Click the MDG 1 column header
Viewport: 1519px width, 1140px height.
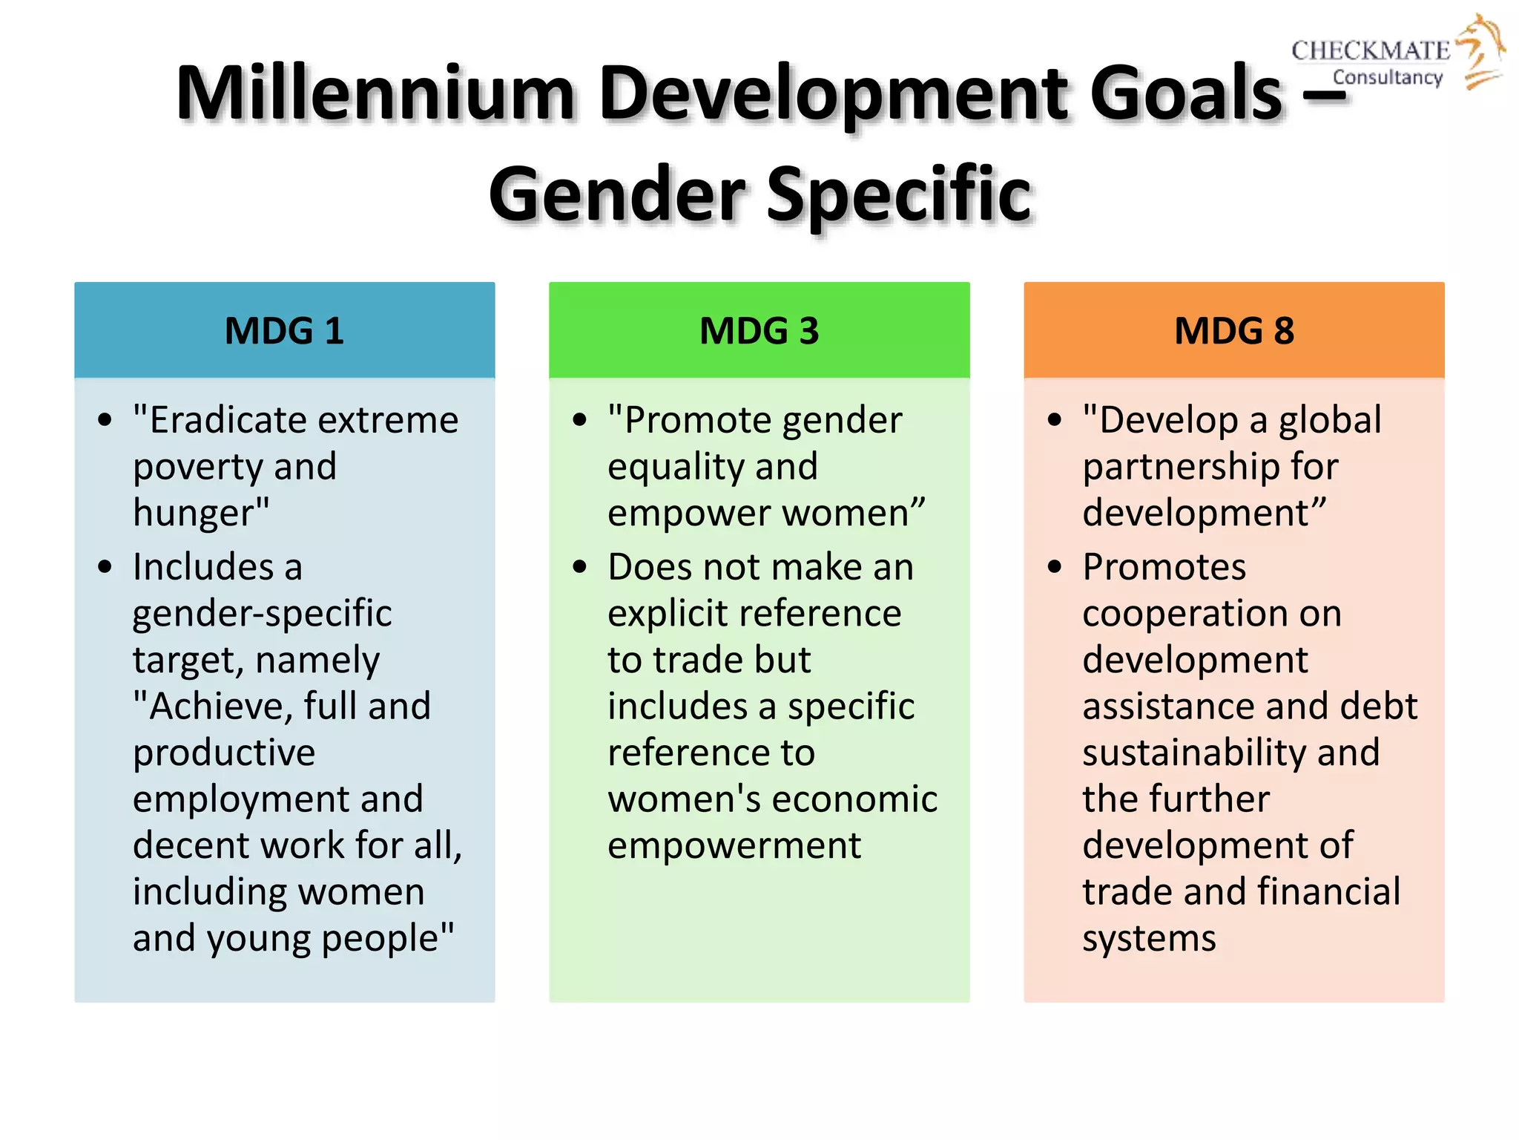284,331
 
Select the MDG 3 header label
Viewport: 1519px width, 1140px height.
759,331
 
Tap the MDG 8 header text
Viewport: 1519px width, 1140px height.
1234,331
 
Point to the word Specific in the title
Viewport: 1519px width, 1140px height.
898,194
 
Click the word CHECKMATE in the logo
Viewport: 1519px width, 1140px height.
1370,50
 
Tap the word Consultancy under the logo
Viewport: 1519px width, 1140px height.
1388,77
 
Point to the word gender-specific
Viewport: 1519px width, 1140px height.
262,614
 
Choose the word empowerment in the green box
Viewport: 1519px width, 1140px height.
734,845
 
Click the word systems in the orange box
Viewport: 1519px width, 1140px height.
1149,938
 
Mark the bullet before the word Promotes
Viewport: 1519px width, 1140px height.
1055,568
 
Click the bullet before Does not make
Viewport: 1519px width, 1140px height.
580,568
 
